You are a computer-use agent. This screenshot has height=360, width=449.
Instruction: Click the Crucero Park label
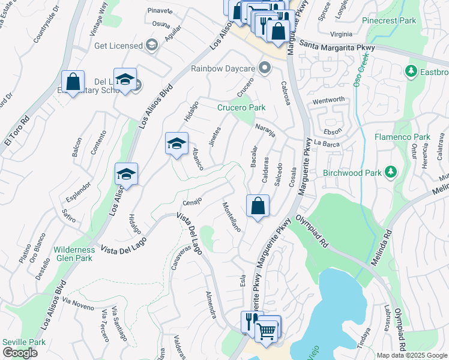(x=241, y=108)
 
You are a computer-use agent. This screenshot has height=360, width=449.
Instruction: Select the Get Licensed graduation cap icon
(x=151, y=45)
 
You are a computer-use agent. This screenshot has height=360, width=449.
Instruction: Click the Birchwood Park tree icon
(x=391, y=173)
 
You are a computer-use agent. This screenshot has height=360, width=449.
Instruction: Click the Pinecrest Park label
(x=389, y=20)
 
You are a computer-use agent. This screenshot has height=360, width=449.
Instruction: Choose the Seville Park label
(x=23, y=341)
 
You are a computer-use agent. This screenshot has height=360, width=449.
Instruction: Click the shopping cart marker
(x=267, y=329)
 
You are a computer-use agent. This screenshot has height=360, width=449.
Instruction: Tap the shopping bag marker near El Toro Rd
(x=73, y=82)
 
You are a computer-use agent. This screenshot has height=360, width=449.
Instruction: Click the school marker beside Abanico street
(x=176, y=143)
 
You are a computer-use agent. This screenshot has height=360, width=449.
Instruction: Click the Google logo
(x=19, y=352)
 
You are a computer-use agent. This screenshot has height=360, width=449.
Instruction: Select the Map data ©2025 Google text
(x=411, y=355)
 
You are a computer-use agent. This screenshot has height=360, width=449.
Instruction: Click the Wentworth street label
(x=328, y=100)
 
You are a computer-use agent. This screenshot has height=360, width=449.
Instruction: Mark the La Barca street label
(x=327, y=143)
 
